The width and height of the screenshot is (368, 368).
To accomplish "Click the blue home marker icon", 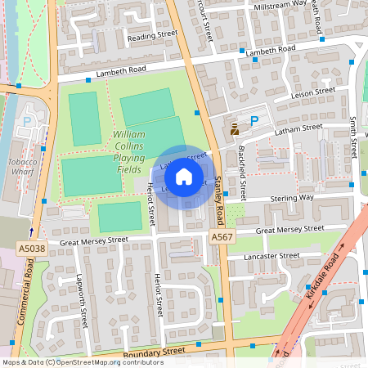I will (184, 177).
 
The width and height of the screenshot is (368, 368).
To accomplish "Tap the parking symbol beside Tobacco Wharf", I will (27, 121).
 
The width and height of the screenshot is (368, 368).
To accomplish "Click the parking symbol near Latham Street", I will (254, 120).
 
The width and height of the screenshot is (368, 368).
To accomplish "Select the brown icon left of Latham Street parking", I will (236, 128).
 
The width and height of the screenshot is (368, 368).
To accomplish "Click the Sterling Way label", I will (291, 197).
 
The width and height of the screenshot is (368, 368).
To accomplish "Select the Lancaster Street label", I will (273, 256).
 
